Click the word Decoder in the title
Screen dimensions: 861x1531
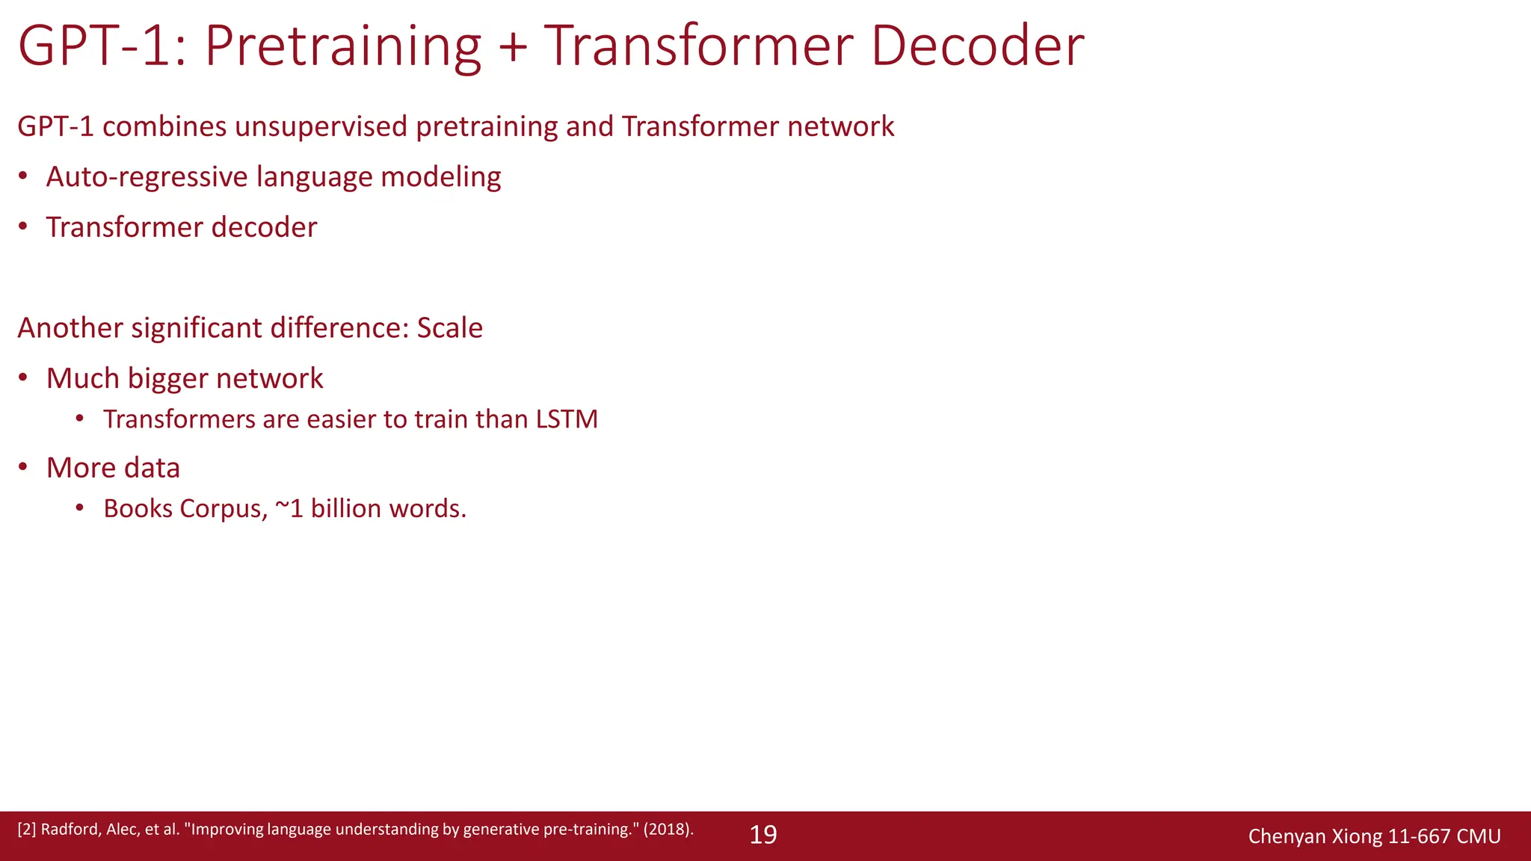(977, 46)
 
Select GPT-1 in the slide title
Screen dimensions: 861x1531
(93, 46)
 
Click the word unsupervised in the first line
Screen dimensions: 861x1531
(321, 127)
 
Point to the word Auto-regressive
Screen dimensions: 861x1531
(147, 177)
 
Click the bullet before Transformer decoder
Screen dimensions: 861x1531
(23, 226)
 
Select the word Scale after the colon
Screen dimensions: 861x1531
(449, 328)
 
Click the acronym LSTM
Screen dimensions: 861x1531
(567, 419)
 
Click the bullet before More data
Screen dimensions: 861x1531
(23, 467)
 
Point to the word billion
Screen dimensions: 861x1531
(346, 509)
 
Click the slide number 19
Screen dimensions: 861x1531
(763, 835)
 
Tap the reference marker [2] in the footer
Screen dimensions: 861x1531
(26, 830)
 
